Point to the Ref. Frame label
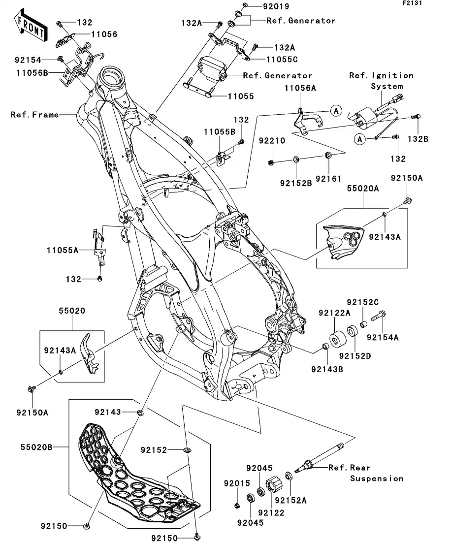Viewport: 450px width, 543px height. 34,115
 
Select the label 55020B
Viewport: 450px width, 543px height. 36,447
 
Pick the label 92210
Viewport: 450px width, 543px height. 272,141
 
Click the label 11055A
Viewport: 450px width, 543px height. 63,251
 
